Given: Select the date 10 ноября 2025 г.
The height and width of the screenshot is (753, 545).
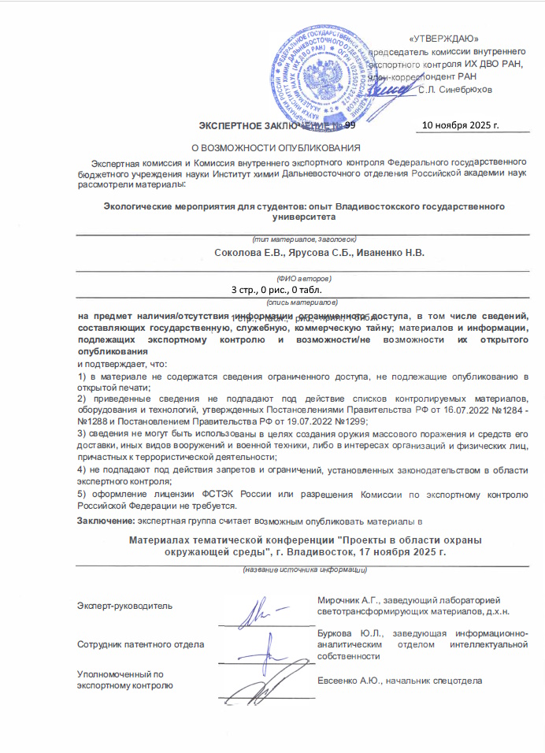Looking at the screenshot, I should point(461,124).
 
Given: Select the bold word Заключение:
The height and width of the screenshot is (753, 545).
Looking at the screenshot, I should point(106,521).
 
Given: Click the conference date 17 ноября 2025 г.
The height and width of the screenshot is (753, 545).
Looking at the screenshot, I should point(400,553).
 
